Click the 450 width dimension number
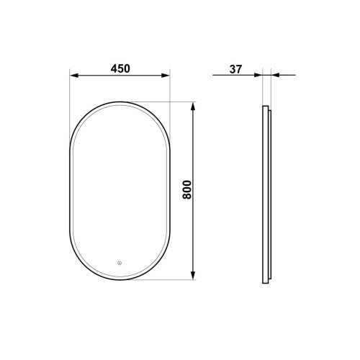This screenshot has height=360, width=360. [x=120, y=68]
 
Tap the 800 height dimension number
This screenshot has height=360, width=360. [x=187, y=190]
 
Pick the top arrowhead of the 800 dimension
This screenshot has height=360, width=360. [x=193, y=105]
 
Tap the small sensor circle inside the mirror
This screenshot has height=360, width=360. [x=120, y=262]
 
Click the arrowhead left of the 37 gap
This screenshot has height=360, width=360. [x=258, y=74]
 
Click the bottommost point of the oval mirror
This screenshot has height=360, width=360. [x=120, y=281]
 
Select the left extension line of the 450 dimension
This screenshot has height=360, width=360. [x=69, y=108]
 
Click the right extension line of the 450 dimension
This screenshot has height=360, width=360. [x=170, y=108]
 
